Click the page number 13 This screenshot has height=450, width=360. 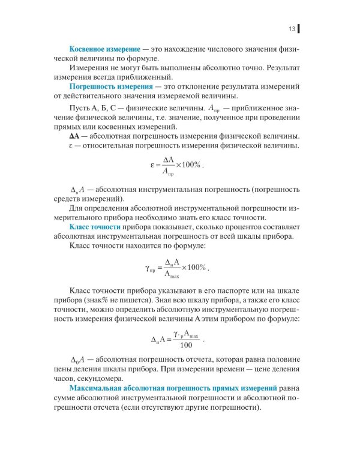291,28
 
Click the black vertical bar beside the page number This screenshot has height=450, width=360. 298,28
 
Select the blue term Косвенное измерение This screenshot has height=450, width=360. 105,47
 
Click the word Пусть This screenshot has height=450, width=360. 81,106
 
